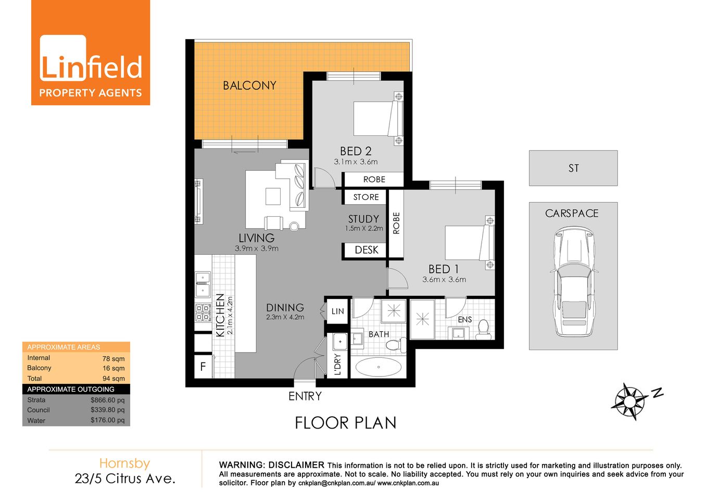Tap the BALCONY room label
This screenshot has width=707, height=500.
pyautogui.click(x=249, y=85)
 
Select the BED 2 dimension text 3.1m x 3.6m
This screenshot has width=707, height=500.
pyautogui.click(x=356, y=162)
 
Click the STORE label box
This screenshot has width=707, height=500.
pyautogui.click(x=365, y=197)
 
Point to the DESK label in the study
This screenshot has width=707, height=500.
pyautogui.click(x=366, y=250)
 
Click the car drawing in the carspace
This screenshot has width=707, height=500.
pyautogui.click(x=573, y=281)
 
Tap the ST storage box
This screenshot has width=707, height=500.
pyautogui.click(x=573, y=168)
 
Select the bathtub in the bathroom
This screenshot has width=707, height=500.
pyautogui.click(x=378, y=367)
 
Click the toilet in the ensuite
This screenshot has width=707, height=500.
pyautogui.click(x=483, y=330)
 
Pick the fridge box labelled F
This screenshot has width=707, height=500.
pyautogui.click(x=203, y=367)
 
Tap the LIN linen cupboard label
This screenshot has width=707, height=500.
pyautogui.click(x=337, y=311)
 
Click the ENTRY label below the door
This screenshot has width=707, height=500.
pyautogui.click(x=305, y=396)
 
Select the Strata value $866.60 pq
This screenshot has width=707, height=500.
pyautogui.click(x=107, y=400)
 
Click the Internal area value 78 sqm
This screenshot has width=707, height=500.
pyautogui.click(x=113, y=358)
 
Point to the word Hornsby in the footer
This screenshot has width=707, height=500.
pyautogui.click(x=124, y=463)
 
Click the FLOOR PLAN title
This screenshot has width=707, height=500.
pyautogui.click(x=345, y=423)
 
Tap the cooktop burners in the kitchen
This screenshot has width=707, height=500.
pyautogui.click(x=203, y=312)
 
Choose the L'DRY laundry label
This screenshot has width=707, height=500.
pyautogui.click(x=338, y=365)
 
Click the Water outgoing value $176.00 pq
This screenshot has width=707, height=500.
pyautogui.click(x=107, y=420)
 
